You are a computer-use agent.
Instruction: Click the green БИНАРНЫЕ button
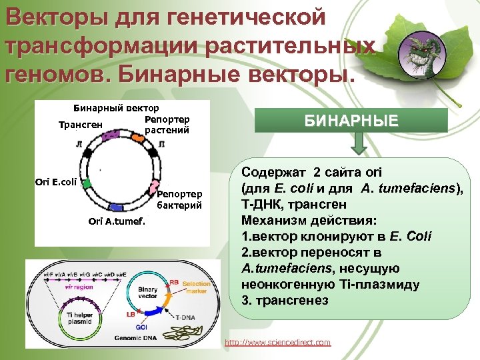[361, 121]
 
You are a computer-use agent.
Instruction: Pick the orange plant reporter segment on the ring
[137, 138]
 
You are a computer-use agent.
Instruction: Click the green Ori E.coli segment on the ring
[86, 181]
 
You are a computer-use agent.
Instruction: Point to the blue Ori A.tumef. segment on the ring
[115, 207]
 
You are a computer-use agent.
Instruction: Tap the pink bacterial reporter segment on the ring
[153, 188]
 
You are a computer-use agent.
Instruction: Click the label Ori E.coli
[56, 181]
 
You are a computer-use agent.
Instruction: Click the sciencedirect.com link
[277, 342]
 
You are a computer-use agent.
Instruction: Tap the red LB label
[131, 313]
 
